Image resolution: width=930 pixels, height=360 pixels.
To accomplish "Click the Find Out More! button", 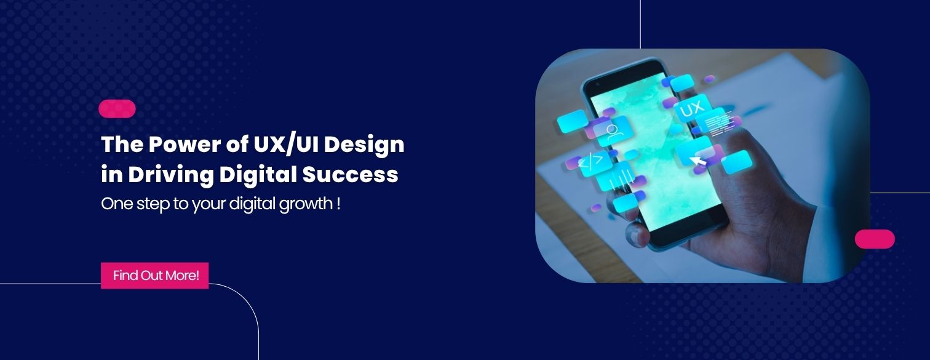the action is pyautogui.click(x=154, y=275).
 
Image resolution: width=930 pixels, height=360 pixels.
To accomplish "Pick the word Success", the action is pyautogui.click(x=350, y=174).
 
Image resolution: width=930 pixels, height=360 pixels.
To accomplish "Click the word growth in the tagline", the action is pyautogui.click(x=306, y=204).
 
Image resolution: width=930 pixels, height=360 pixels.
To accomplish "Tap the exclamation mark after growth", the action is pyautogui.click(x=339, y=204).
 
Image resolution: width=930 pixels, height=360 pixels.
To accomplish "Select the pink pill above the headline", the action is pyautogui.click(x=117, y=109).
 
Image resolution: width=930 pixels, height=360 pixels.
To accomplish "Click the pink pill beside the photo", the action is pyautogui.click(x=875, y=239).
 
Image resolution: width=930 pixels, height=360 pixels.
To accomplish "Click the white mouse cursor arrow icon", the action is pyautogui.click(x=698, y=160).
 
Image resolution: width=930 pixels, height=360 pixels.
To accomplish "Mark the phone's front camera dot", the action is pyautogui.click(x=598, y=84).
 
